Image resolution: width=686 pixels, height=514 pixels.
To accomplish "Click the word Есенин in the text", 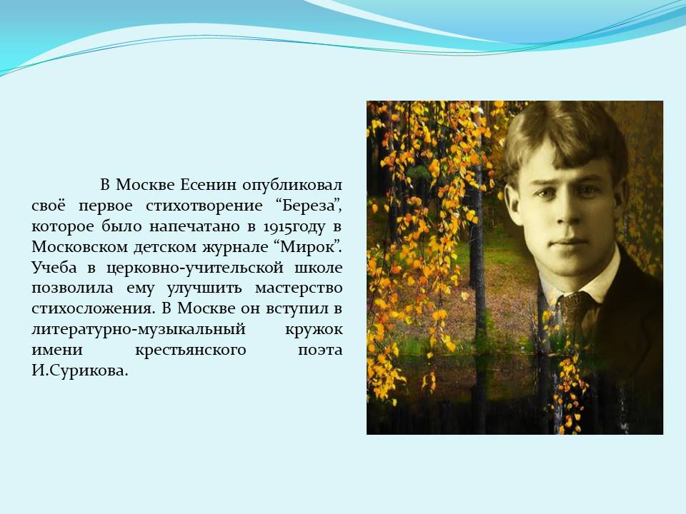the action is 208,185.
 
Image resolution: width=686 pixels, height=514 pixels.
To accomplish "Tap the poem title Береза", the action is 309,206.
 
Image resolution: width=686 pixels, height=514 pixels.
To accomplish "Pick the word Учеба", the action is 54,268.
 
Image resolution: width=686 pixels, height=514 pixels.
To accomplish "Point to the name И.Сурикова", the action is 79,371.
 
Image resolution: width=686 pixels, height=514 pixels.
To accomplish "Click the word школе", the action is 318,268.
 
